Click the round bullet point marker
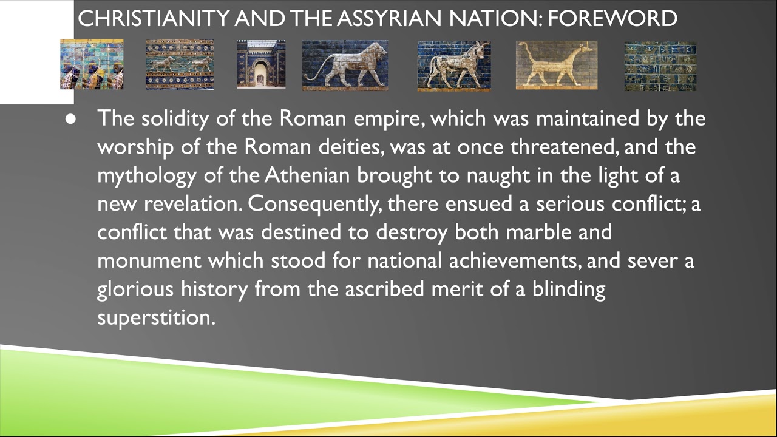pyautogui.click(x=71, y=119)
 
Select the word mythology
pyautogui.click(x=147, y=176)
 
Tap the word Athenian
pyautogui.click(x=307, y=175)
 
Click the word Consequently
pyautogui.click(x=315, y=204)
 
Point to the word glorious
pyautogui.click(x=135, y=289)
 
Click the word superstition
pyautogui.click(x=156, y=317)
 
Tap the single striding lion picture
pyautogui.click(x=345, y=65)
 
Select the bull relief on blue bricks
pyautogui.click(x=453, y=65)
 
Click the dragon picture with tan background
pyautogui.click(x=556, y=65)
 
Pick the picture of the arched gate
pyautogui.click(x=260, y=65)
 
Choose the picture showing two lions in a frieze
pyautogui.click(x=179, y=65)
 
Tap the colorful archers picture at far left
pyautogui.click(x=92, y=65)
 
